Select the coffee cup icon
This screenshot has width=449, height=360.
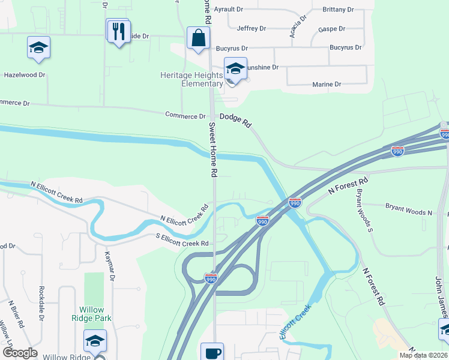tap(212, 352)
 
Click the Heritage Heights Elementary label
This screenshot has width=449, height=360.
tap(191, 79)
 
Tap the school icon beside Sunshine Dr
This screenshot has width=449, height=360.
tap(236, 68)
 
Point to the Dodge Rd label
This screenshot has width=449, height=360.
tap(235, 120)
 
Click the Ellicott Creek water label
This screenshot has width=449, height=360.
tap(295, 322)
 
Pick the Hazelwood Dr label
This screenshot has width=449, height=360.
tap(25, 75)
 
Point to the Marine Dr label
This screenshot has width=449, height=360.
tap(327, 85)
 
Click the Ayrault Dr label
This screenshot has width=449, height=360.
tap(228, 10)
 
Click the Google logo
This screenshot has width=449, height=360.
tap(20, 353)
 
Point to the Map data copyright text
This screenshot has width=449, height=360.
tap(423, 355)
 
